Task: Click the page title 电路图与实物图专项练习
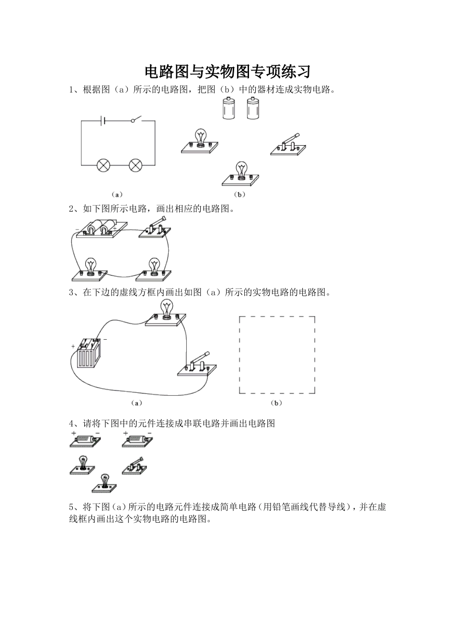point(227,71)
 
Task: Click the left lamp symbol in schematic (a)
point(103,165)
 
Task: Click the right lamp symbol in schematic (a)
point(136,165)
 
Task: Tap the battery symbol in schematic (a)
point(103,121)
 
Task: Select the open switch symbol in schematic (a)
point(137,119)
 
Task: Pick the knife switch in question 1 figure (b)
point(288,146)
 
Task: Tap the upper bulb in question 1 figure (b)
point(200,141)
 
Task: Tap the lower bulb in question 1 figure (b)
point(241,174)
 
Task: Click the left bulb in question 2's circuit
point(91,268)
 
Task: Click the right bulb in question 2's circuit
point(154,268)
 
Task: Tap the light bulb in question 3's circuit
point(166,311)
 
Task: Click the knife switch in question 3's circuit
point(197,364)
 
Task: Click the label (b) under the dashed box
point(276,403)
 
